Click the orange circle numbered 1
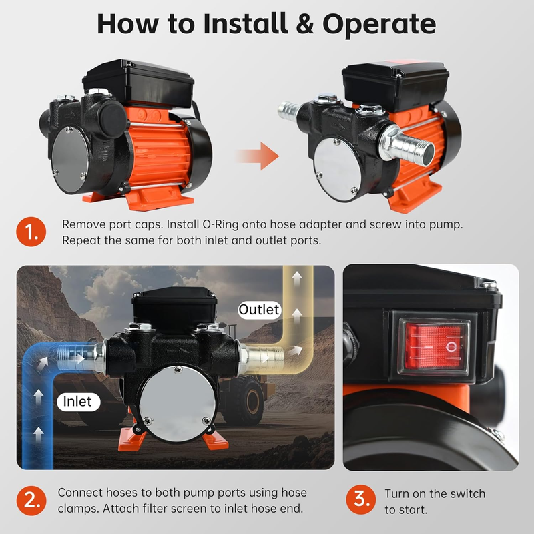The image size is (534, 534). pyautogui.click(x=31, y=232)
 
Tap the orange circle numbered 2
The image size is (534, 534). pyautogui.click(x=31, y=500)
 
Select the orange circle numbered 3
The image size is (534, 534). pyautogui.click(x=360, y=499)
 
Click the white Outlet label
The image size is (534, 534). pyautogui.click(x=260, y=310)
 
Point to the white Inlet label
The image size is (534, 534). pyautogui.click(x=78, y=402)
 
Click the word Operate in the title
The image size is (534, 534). pyautogui.click(x=379, y=25)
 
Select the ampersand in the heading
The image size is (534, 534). pyautogui.click(x=305, y=24)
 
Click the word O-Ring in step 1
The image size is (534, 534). pyautogui.click(x=221, y=224)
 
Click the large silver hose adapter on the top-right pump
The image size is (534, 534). pyautogui.click(x=407, y=146)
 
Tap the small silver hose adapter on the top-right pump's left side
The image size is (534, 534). pyautogui.click(x=288, y=109)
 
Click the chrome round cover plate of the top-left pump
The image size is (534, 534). pyautogui.click(x=70, y=155)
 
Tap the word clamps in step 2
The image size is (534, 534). pyautogui.click(x=77, y=509)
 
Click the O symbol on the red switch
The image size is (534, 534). pyautogui.click(x=451, y=347)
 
